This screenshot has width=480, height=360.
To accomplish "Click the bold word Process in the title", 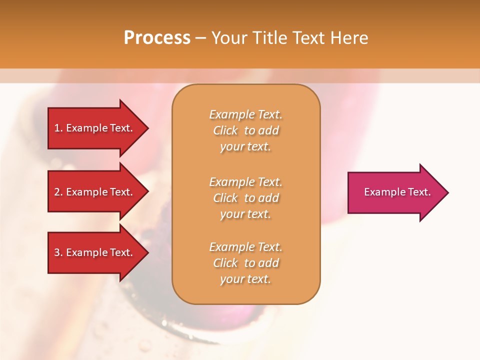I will coord(157,38).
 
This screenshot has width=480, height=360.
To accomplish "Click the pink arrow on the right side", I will coord(395,192).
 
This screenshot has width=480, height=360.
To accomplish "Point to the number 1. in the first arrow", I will coord(58,128).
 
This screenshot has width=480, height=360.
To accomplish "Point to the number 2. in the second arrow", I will coord(58,192).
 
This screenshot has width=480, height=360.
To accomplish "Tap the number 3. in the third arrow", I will coord(58,252).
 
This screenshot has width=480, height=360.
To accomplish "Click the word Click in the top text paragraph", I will coord(225,130).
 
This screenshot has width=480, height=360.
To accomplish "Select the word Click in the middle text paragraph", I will coord(225,198).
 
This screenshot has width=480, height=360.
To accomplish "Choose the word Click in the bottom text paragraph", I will coord(225,263).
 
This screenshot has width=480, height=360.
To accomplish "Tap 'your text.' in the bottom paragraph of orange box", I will coord(245,279).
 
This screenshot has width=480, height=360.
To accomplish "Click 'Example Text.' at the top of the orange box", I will coord(245,114).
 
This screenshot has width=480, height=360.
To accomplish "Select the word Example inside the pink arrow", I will coord(381,192).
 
